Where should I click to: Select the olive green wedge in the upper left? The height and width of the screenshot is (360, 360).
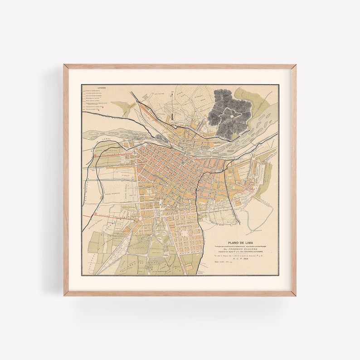click(x=119, y=109)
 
